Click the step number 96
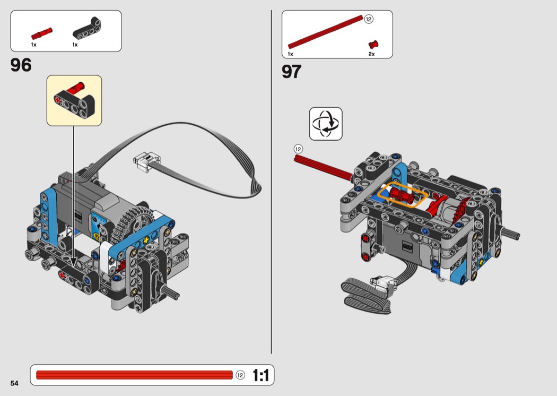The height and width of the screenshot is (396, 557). pos(21,65)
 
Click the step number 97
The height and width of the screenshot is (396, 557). pos(292,72)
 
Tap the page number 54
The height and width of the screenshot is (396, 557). pos(14,383)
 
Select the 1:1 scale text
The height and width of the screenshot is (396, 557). pos(261,375)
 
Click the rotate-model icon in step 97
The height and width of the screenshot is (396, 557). pos(326,124)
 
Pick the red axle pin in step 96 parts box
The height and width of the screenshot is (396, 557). pos(41,34)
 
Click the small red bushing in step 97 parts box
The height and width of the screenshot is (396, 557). pos(373,45)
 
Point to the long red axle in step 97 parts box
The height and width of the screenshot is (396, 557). pos(325,32)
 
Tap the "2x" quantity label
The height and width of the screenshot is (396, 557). pos(371,54)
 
